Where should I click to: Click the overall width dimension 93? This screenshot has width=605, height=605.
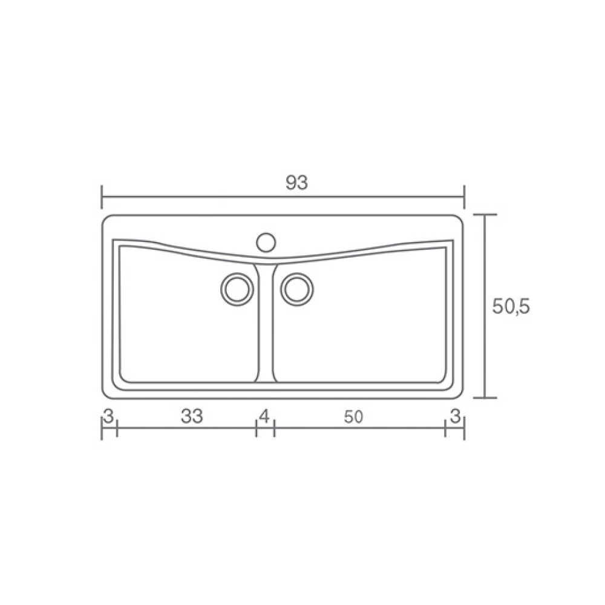point(296,183)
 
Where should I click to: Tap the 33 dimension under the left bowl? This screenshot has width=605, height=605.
point(192,416)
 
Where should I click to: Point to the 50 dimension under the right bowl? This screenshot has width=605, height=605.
point(353,417)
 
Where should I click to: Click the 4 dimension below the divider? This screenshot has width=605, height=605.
point(265,416)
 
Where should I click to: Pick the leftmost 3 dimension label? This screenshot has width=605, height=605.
point(108,416)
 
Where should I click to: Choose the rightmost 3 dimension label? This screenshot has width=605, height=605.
point(456,416)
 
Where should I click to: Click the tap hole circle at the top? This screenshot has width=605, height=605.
point(266,243)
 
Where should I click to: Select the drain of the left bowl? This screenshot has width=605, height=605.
point(237,289)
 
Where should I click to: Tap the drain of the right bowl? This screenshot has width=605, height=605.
point(297,289)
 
